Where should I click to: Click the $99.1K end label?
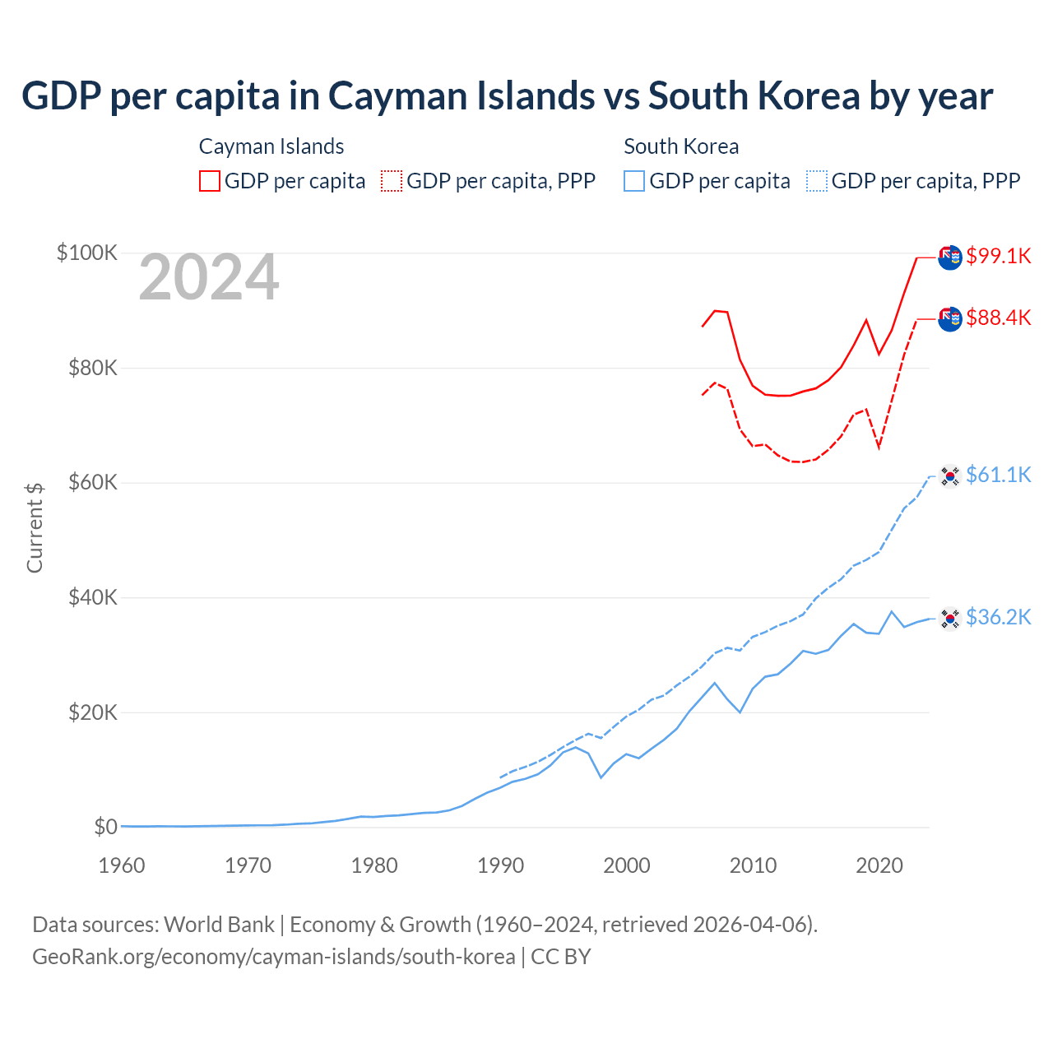(998, 256)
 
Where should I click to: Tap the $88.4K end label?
(998, 318)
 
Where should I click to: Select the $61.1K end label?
(998, 475)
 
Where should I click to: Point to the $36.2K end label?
(998, 617)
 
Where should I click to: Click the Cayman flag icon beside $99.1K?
(950, 257)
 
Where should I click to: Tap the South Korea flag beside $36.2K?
(950, 618)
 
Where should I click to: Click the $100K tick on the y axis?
(87, 253)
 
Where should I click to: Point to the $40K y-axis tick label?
(93, 597)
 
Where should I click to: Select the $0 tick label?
(105, 827)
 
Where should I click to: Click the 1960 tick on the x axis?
(122, 865)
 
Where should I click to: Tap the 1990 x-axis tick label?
(500, 865)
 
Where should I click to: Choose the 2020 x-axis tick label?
(879, 865)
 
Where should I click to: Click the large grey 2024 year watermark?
(209, 277)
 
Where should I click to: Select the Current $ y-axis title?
(35, 527)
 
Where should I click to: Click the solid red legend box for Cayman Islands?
(210, 181)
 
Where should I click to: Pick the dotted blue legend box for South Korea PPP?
(817, 181)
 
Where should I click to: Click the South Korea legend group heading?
(681, 146)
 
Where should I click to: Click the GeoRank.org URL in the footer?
(274, 957)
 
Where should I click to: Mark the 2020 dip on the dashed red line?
(879, 448)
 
